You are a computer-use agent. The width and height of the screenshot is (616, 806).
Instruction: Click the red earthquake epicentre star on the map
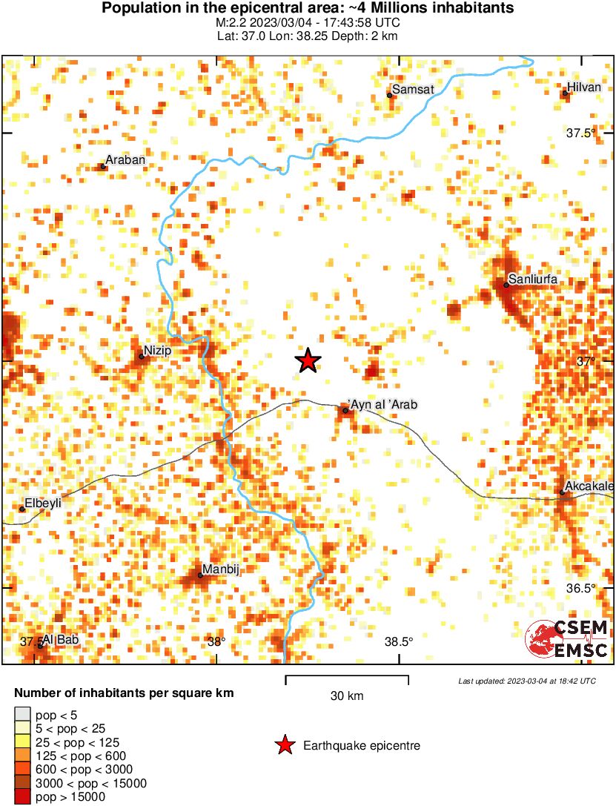(x=308, y=361)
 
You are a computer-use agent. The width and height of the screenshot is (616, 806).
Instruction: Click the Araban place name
(x=125, y=159)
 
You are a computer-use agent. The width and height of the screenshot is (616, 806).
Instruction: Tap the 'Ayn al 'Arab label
(x=383, y=405)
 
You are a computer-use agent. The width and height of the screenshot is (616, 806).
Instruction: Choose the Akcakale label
(x=590, y=486)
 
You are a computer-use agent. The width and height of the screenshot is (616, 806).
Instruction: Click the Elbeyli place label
(x=43, y=503)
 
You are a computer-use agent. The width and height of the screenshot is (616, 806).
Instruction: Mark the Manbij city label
(x=222, y=569)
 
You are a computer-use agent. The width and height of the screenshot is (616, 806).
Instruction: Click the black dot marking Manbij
(x=200, y=575)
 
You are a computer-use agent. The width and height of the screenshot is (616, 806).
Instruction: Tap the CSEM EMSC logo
(x=567, y=640)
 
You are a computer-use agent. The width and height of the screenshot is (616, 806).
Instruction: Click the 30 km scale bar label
(x=347, y=696)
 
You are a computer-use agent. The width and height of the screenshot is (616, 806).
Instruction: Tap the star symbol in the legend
(x=283, y=745)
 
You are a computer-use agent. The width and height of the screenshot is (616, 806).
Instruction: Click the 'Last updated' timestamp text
(x=526, y=680)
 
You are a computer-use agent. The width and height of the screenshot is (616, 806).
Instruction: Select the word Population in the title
(x=136, y=9)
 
